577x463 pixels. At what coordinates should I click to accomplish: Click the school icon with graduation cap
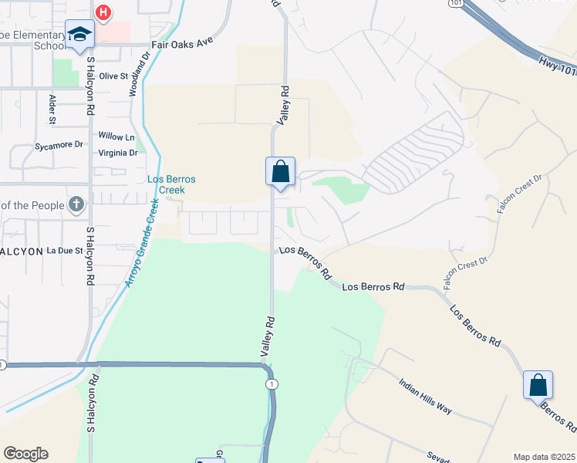79,35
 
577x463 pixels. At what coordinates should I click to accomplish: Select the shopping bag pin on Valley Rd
280,171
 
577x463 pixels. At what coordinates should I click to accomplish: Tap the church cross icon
76,204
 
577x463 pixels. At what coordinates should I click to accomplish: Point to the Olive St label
113,76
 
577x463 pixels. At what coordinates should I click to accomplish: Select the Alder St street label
52,109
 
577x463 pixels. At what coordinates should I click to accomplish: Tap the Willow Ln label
111,137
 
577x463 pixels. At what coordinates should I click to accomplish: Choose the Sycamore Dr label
59,145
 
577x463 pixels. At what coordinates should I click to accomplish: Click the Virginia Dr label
117,153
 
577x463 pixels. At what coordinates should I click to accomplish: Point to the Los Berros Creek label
171,184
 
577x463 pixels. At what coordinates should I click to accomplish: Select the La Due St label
64,251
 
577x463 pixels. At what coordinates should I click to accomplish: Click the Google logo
25,454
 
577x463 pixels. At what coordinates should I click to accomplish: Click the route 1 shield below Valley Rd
270,384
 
